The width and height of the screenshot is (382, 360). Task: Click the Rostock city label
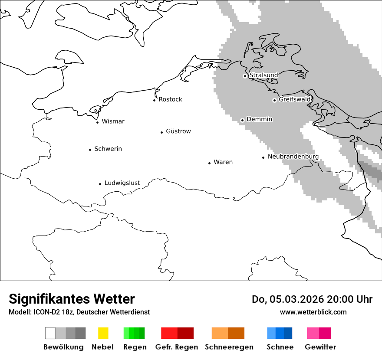(x=170, y=99)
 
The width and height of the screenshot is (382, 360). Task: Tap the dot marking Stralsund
(x=245, y=76)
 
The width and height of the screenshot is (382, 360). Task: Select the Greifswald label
(x=295, y=99)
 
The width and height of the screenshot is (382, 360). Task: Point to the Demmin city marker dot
(x=242, y=120)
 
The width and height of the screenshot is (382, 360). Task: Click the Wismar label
(x=113, y=121)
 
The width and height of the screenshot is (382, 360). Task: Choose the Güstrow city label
(x=178, y=131)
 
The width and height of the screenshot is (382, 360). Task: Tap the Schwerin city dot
(x=90, y=150)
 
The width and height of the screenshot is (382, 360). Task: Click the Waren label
(x=223, y=162)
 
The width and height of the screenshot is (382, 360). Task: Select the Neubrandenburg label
(x=293, y=157)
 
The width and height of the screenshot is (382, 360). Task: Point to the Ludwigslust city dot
(x=100, y=184)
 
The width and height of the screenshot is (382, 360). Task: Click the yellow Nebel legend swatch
(x=103, y=333)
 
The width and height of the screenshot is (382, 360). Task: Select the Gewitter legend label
(x=320, y=347)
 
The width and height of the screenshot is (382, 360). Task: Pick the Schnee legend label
(x=280, y=347)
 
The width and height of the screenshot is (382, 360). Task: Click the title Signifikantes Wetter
(x=72, y=299)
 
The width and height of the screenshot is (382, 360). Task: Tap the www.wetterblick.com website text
(x=313, y=312)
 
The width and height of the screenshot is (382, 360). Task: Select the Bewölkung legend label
(x=63, y=347)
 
